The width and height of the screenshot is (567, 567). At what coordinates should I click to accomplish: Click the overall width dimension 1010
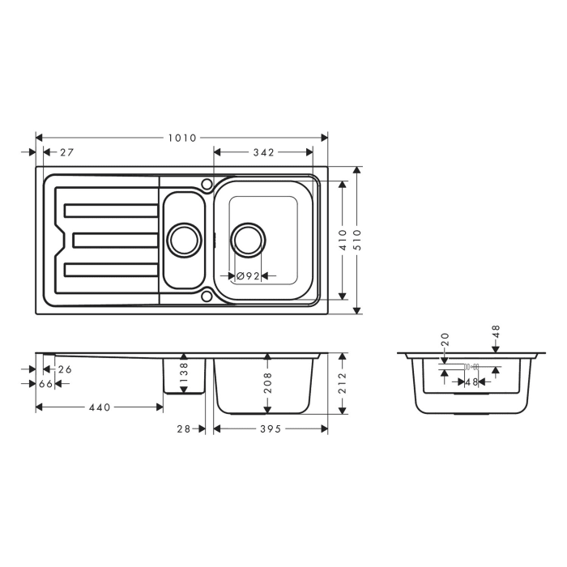[x=182, y=138]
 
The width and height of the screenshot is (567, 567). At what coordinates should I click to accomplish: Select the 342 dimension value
[x=263, y=152]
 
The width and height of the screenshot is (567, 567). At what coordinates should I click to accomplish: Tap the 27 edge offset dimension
[x=66, y=152]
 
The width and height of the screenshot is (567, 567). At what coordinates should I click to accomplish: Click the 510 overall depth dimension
[x=357, y=240]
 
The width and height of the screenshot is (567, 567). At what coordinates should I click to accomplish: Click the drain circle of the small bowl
[x=184, y=240]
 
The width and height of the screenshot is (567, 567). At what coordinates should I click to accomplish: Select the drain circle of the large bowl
[x=248, y=240]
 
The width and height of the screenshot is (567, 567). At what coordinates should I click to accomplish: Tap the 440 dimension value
[x=98, y=407]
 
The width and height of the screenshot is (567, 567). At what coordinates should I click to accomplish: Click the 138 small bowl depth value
[x=184, y=373]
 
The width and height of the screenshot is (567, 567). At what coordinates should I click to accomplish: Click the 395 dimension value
[x=271, y=428]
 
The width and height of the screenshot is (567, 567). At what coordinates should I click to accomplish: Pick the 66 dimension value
[x=45, y=383]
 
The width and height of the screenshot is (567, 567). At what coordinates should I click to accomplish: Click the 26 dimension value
[x=65, y=369]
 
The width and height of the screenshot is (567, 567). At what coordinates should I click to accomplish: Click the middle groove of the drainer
[x=115, y=240]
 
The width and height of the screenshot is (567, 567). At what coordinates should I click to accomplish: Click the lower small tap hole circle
[x=207, y=296]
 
